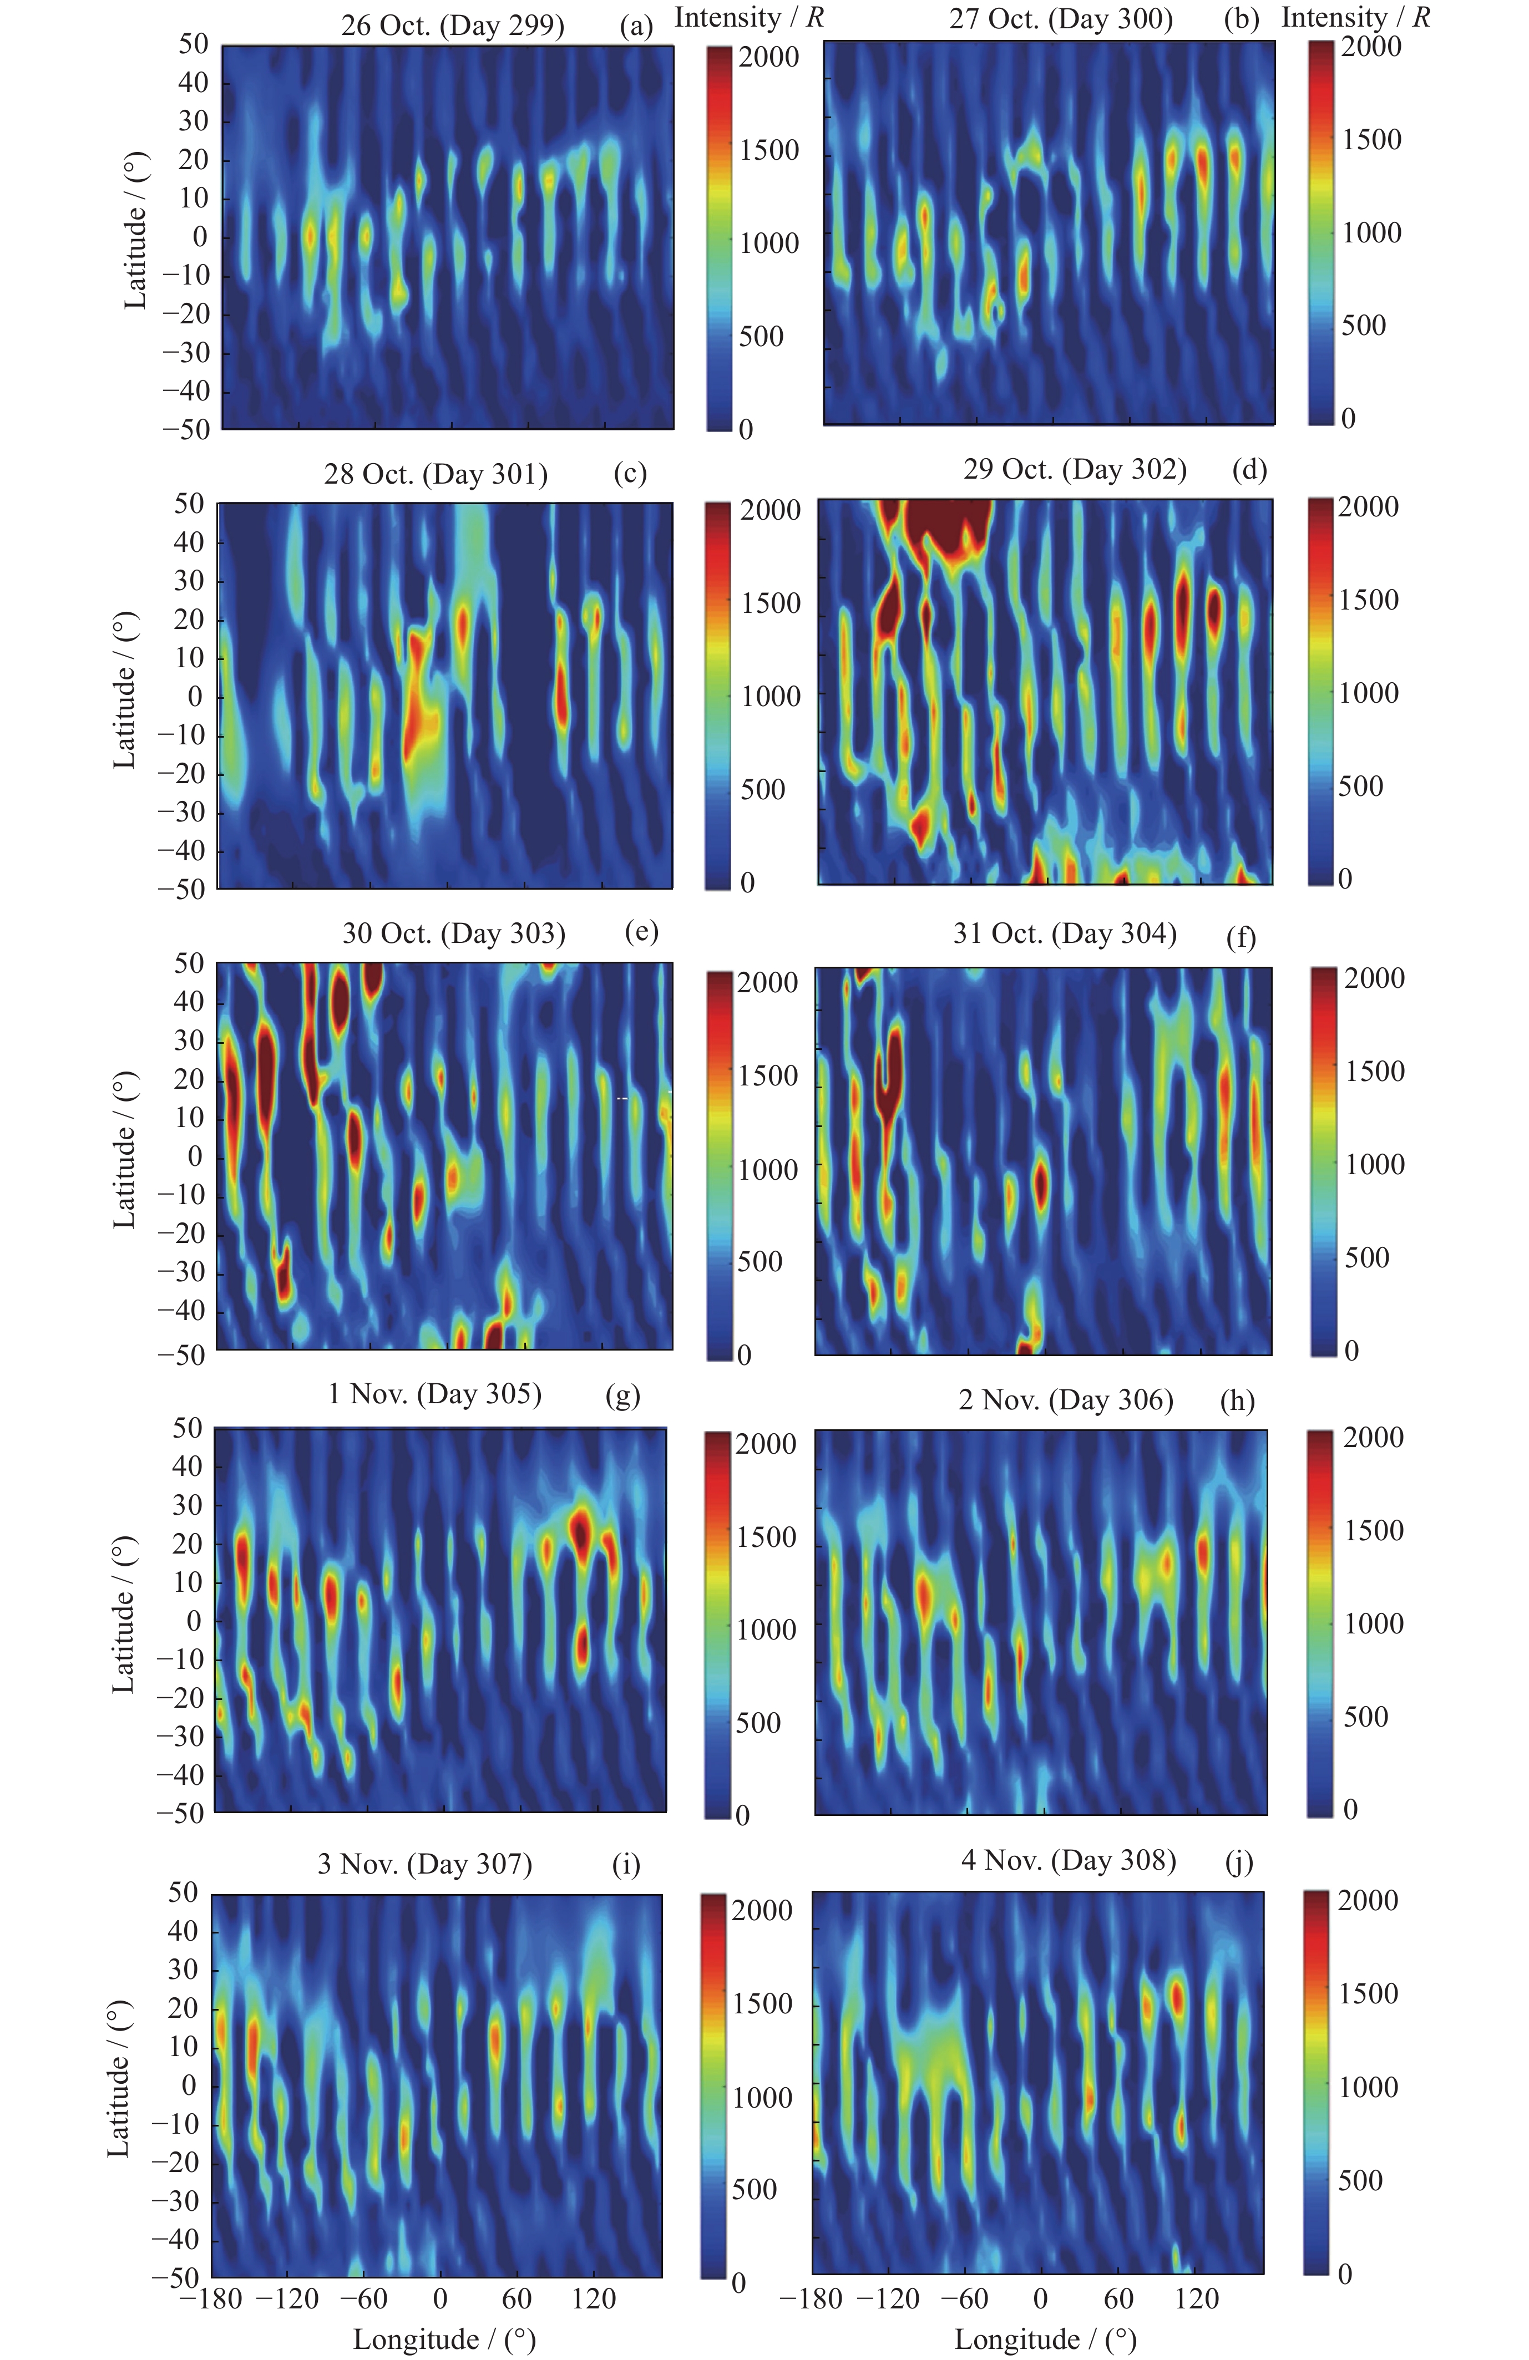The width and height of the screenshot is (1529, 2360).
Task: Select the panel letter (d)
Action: coord(1248,469)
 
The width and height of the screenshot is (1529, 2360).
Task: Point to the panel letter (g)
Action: coord(622,1395)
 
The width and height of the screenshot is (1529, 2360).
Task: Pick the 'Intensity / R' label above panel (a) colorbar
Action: coord(748,18)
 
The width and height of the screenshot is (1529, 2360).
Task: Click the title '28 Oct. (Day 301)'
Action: coord(436,474)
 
